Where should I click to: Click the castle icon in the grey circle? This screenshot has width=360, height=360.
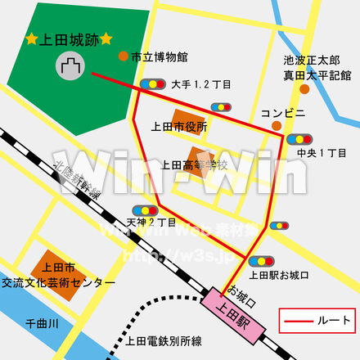coord(70,65)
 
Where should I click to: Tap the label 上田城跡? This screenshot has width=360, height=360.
coord(69,39)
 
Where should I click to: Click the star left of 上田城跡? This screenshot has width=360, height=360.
coord(31,39)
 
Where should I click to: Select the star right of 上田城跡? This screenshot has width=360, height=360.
coord(106,38)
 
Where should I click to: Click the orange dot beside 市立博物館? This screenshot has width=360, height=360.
coord(123,56)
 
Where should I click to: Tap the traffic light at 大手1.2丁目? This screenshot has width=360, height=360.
coord(151,83)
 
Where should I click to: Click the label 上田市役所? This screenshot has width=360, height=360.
coord(179,127)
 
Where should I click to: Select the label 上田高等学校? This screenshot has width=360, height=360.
coord(194,164)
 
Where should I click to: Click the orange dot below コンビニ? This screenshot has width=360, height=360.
coord(277,125)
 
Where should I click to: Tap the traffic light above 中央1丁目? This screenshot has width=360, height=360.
coord(301,138)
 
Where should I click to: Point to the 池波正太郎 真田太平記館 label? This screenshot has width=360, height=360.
coord(317,68)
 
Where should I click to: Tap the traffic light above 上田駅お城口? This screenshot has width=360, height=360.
coord(277,224)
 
